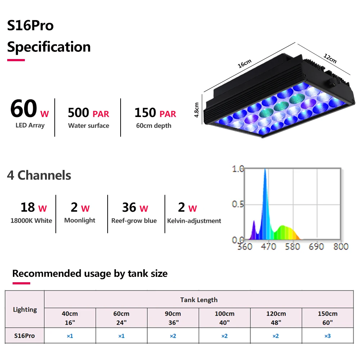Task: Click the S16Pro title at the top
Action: coord(31,26)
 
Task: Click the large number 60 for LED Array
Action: coord(24,109)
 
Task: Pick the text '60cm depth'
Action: coord(154,126)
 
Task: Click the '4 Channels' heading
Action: coord(39,175)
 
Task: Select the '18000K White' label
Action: coord(31,221)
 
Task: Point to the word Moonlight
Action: coord(80,220)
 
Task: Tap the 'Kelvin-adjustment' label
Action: coord(194,221)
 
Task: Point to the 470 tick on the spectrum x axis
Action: coord(268,247)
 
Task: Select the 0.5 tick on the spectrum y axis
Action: coord(238,204)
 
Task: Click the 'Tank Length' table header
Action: coord(199,300)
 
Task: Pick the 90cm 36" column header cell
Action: coord(173,318)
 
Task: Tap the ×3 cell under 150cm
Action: coord(327,336)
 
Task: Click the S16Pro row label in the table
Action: coord(24,336)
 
